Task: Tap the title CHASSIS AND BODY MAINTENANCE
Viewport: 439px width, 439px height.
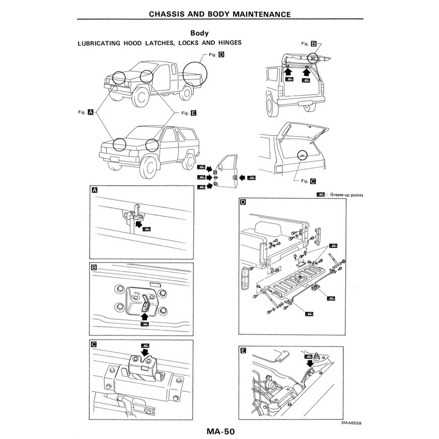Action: click(x=219, y=14)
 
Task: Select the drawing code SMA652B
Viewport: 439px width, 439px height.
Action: click(x=350, y=423)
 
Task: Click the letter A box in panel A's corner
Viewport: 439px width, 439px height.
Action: click(x=94, y=190)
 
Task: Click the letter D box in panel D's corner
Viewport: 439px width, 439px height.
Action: click(x=243, y=202)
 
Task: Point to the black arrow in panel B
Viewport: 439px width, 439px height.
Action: click(x=145, y=316)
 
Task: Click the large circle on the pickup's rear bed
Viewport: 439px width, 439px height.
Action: click(x=195, y=74)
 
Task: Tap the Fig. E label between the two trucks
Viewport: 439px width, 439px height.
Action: click(x=188, y=113)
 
